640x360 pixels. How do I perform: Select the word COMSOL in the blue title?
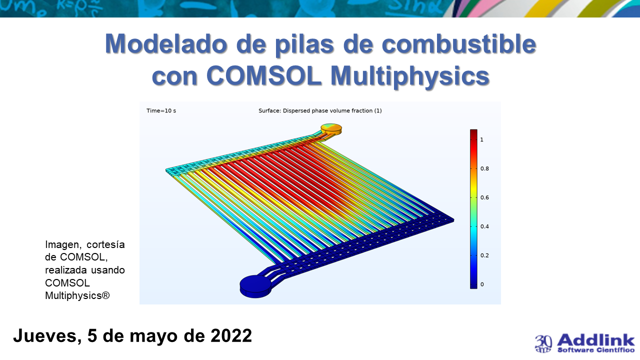pos(264,75)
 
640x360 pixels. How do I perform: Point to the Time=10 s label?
pos(161,110)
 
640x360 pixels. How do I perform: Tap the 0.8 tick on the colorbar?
pos(484,168)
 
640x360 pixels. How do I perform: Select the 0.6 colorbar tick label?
pos(484,197)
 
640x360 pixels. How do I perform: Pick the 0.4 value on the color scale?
pos(484,226)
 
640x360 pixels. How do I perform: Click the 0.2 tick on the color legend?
pos(484,255)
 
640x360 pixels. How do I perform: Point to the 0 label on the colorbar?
pos(482,284)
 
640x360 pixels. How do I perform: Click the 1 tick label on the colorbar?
pos(482,139)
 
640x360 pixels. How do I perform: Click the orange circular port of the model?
pos(331,129)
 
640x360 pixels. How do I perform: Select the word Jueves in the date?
pos(47,335)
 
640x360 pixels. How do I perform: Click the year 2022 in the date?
pos(231,335)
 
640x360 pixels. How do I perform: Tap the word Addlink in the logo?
pos(595,340)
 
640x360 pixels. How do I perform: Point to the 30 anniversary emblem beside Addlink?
pos(543,343)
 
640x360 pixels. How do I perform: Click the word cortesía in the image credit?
pos(105,244)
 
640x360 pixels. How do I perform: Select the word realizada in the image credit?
pos(66,270)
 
